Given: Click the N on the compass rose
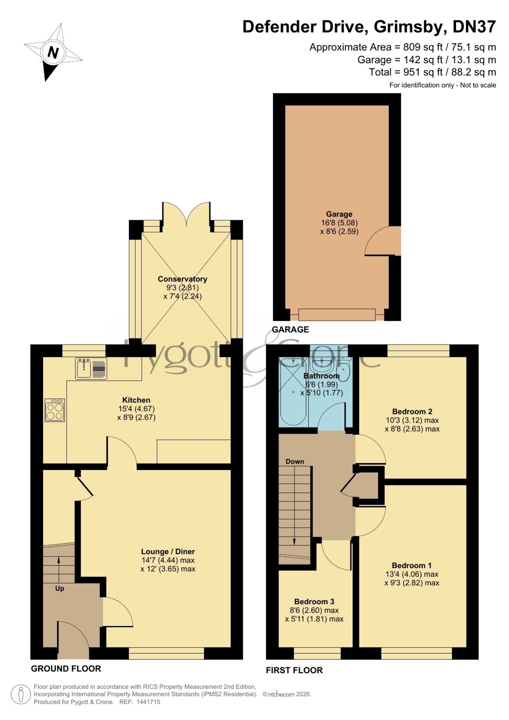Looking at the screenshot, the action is click(53, 53).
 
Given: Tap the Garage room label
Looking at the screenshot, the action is click(339, 214).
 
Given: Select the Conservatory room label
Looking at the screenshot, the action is click(183, 279).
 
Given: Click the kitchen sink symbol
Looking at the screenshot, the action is click(91, 368).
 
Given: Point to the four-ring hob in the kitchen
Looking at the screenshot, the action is click(55, 410).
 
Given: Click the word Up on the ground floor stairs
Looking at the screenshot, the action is click(59, 588).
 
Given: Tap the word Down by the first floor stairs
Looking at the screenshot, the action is click(295, 462).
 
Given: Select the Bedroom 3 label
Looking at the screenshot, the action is click(314, 601).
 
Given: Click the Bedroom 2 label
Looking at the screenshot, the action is click(412, 411).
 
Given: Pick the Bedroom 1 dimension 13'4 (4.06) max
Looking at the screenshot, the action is click(412, 574).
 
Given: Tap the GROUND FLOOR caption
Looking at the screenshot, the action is click(66, 669).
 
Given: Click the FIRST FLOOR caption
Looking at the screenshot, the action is click(294, 670).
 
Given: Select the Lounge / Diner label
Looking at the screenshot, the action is click(168, 552).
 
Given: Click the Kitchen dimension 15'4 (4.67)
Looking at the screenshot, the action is click(136, 409).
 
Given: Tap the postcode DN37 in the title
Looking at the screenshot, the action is click(474, 27).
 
